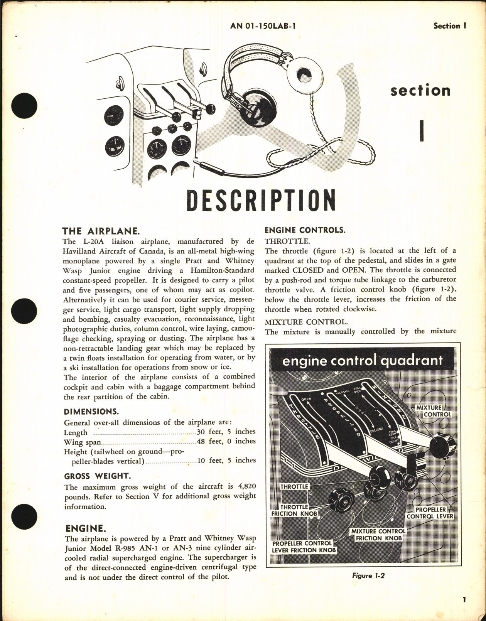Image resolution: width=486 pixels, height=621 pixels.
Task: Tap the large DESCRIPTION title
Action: click(261, 201)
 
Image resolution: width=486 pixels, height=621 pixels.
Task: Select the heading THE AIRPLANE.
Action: click(100, 231)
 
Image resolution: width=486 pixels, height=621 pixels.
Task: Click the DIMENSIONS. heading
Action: click(91, 412)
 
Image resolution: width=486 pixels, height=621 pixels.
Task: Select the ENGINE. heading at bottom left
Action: click(85, 528)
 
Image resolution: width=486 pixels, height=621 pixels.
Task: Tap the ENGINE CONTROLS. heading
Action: click(305, 230)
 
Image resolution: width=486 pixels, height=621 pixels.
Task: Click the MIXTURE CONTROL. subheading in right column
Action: click(306, 322)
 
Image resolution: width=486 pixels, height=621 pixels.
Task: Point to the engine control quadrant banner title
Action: click(362, 360)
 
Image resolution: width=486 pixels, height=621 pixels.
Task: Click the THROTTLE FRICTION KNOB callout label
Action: click(294, 510)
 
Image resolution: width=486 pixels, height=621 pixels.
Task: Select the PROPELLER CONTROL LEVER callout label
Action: click(430, 513)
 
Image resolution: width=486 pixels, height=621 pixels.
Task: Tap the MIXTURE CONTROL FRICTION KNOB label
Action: click(378, 535)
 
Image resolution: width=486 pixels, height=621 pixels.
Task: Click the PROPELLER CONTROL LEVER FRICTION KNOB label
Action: click(304, 547)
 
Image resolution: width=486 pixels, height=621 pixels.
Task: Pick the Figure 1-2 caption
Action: click(368, 576)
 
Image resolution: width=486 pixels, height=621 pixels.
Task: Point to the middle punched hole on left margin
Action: click(24, 310)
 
